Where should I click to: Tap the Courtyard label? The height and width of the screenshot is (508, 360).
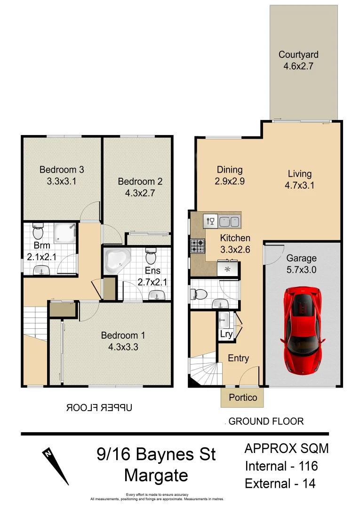298,55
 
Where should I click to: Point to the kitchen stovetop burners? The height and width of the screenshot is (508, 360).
198,245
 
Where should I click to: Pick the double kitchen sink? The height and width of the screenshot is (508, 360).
230,221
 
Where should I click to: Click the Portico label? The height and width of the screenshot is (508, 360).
243,397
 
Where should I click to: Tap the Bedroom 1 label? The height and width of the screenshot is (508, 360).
123,335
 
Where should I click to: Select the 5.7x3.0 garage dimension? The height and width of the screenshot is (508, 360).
302,270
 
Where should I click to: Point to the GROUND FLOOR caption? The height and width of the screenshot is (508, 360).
266,421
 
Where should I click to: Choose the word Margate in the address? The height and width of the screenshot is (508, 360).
156,475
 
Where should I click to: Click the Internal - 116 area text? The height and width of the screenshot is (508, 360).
281,466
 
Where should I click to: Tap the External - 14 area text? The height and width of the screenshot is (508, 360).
280,483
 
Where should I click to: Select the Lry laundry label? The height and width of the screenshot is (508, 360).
226,334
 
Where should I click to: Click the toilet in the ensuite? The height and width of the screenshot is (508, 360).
151,257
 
